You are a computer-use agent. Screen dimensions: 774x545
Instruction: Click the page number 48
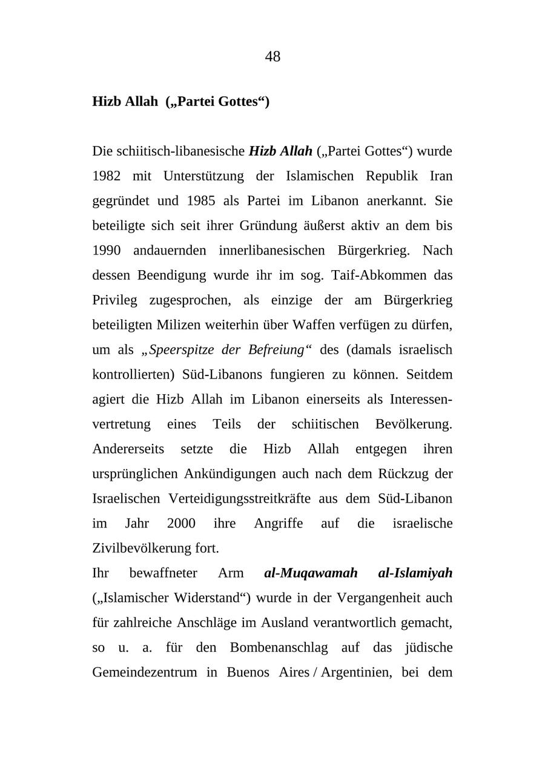click(x=272, y=56)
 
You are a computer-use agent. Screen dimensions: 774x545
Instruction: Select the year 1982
click(x=107, y=176)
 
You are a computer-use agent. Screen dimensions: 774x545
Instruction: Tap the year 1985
click(x=201, y=200)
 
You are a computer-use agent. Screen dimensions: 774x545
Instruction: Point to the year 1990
click(x=107, y=250)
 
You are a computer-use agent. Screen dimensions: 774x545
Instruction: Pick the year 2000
click(x=181, y=523)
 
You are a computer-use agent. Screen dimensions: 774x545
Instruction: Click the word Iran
click(x=441, y=176)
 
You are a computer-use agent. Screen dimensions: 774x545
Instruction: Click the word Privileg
click(x=114, y=300)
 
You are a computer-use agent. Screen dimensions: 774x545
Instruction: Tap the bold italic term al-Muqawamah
click(x=311, y=573)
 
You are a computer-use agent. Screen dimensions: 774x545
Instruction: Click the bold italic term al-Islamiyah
click(x=415, y=573)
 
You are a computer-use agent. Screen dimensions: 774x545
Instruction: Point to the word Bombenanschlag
click(x=279, y=647)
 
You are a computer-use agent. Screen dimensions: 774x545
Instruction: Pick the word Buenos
click(x=248, y=672)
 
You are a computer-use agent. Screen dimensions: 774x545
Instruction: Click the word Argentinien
click(x=356, y=672)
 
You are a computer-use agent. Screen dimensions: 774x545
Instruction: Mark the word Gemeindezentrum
click(x=144, y=672)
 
